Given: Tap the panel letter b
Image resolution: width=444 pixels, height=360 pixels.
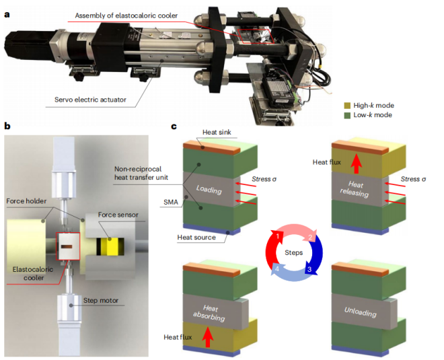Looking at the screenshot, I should (7, 126).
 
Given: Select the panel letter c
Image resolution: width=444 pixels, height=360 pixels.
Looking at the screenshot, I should (174, 126).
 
